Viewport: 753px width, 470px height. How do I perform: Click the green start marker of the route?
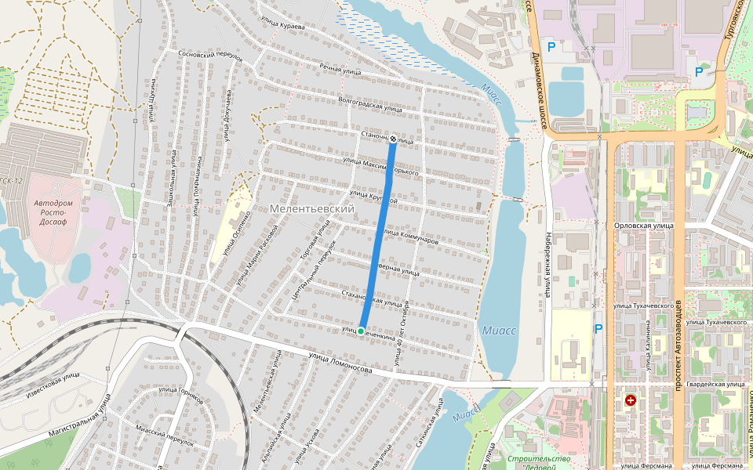click(361, 331)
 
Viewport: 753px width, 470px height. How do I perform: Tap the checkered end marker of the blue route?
click(393, 139)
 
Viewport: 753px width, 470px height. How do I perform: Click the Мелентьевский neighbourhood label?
click(311, 209)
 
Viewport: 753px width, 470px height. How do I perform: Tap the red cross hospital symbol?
click(630, 400)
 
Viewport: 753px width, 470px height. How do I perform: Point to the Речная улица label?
click(340, 70)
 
